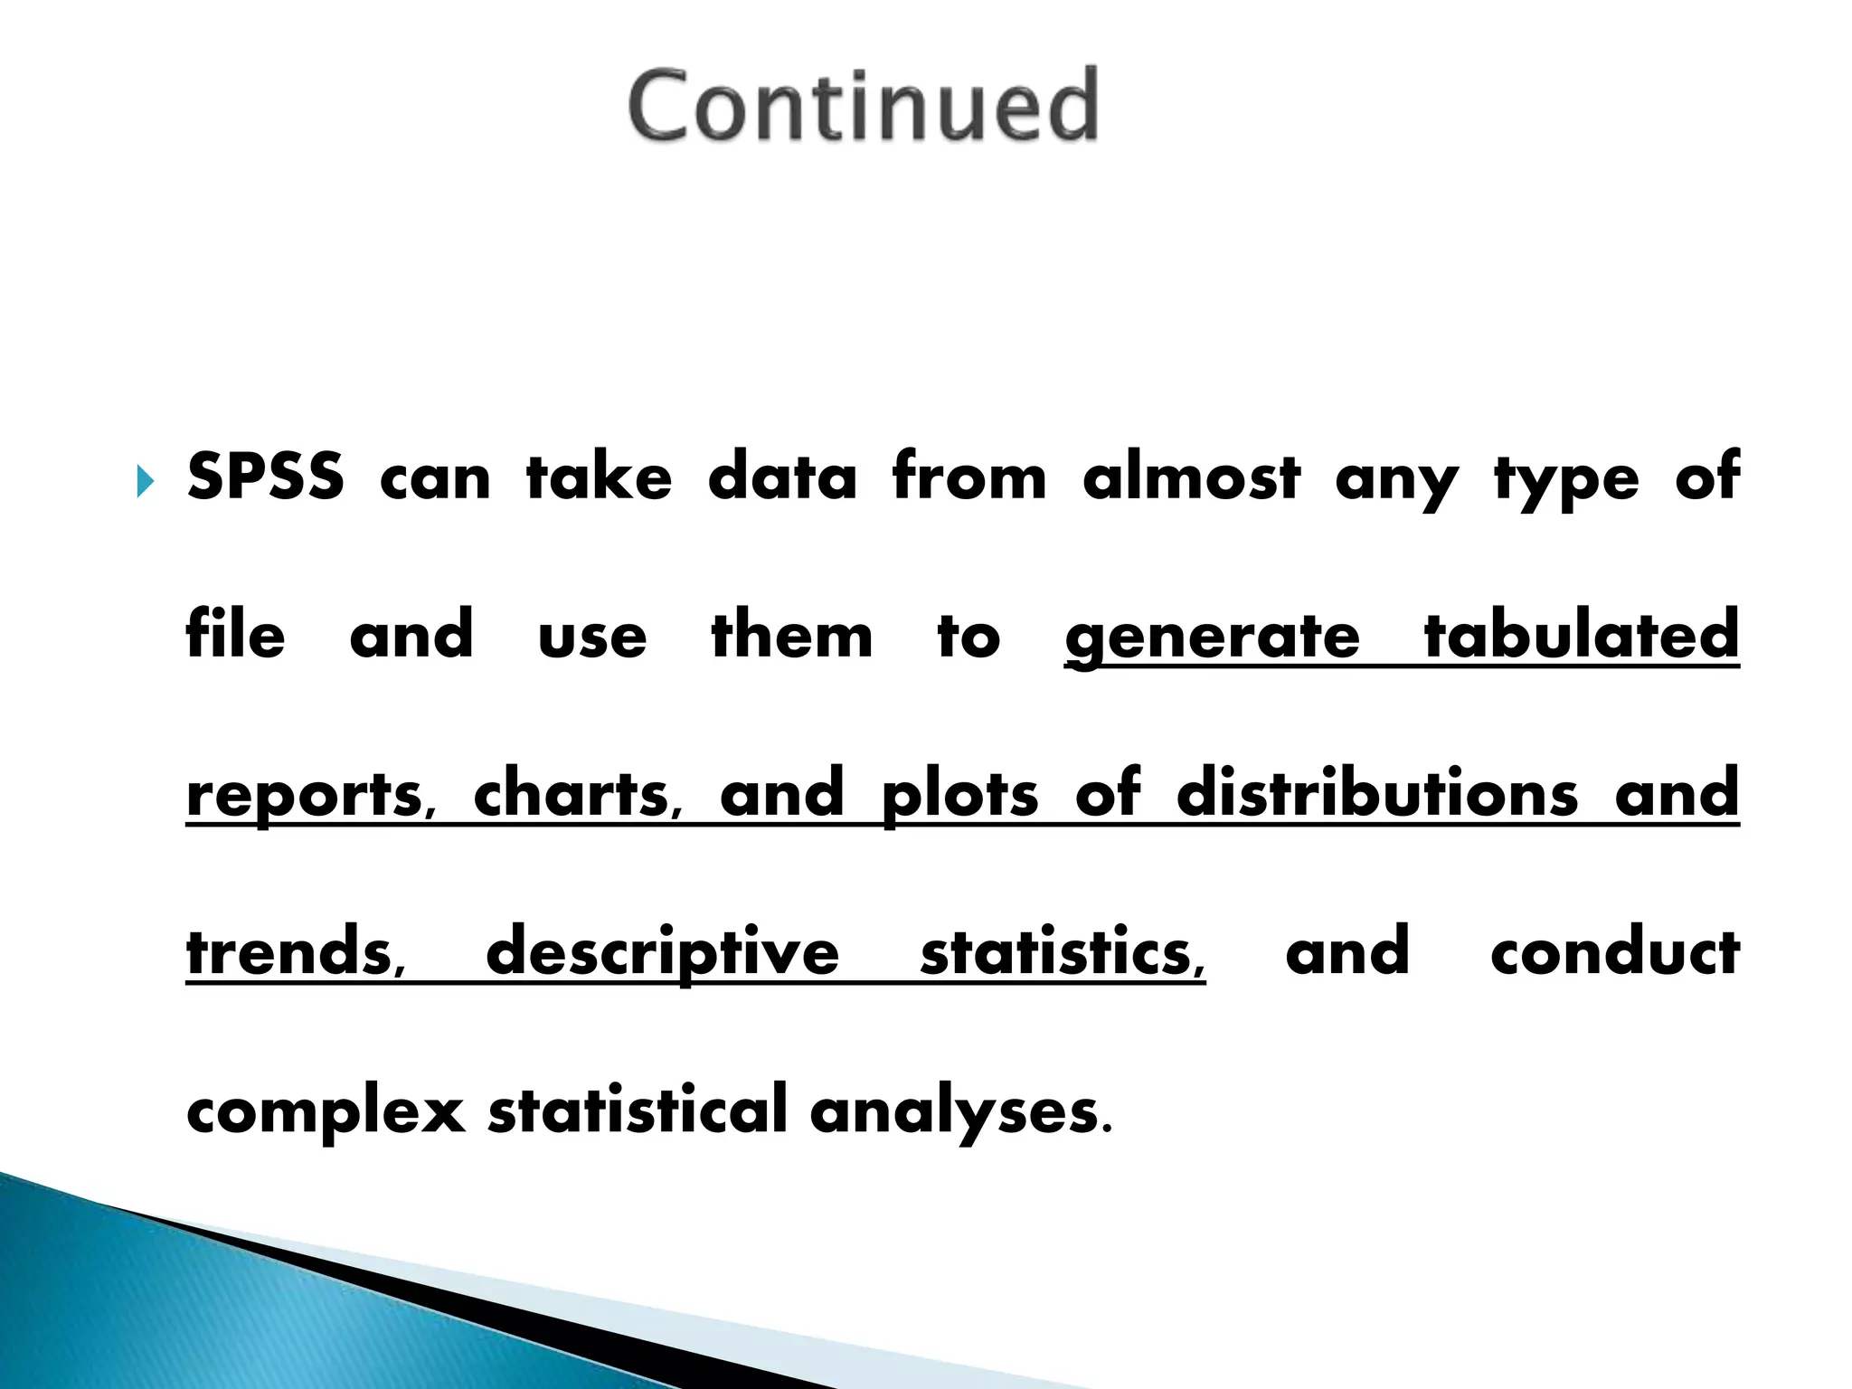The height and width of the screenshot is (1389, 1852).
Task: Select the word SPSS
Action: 265,477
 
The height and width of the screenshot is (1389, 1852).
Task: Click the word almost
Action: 1191,477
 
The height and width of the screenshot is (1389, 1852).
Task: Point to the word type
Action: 1566,479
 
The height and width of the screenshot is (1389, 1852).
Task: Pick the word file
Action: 235,635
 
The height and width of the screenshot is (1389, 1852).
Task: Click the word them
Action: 792,635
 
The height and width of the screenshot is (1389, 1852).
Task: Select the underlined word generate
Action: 1212,638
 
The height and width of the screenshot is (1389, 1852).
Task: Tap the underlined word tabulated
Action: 1582,635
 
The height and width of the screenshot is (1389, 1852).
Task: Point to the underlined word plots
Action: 959,795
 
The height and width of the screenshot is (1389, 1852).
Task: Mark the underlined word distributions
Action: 1377,793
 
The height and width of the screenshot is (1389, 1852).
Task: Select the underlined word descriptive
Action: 662,954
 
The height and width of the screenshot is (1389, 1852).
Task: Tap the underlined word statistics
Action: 1063,952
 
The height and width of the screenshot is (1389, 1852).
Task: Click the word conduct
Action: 1615,952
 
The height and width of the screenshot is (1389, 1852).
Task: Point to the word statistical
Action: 638,1110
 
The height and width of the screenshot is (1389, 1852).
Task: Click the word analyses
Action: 960,1112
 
